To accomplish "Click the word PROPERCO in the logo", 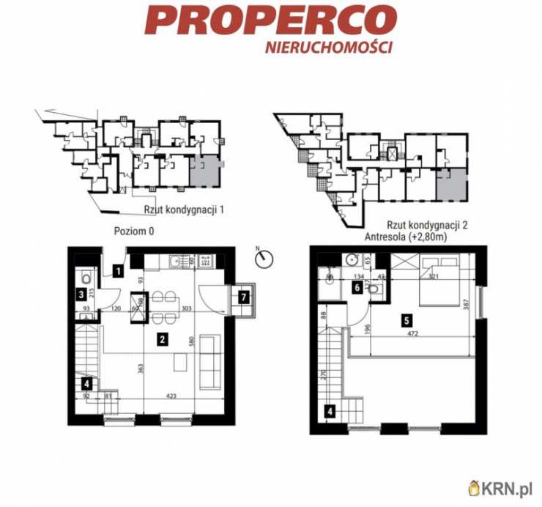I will [x=270, y=20].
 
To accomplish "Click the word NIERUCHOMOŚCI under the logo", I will [x=329, y=46].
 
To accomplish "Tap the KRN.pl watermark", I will [x=505, y=486].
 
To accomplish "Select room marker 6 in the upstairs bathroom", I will [x=356, y=288].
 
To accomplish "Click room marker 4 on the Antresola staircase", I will [x=329, y=411].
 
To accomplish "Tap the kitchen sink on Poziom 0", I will [x=174, y=260].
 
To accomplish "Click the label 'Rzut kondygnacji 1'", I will [x=184, y=210].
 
